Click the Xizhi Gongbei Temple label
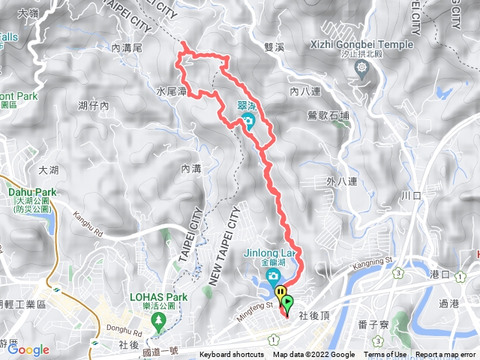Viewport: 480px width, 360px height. coord(361,45)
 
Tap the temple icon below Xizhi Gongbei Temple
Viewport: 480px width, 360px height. coord(362,67)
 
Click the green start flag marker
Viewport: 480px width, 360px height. coord(287,302)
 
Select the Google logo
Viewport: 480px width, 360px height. coord(28,349)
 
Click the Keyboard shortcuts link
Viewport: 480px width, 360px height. coord(232,355)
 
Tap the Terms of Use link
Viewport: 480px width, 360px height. coord(385,355)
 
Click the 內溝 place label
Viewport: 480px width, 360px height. coord(192,169)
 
